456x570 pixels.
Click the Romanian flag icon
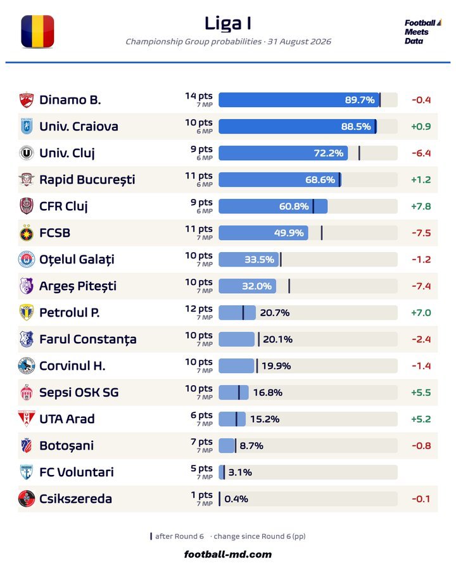click(x=37, y=32)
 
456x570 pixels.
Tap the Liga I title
click(x=227, y=23)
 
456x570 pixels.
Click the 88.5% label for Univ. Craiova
click(x=356, y=127)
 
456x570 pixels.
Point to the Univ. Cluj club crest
click(x=26, y=153)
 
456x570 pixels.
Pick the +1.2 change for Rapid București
click(x=421, y=180)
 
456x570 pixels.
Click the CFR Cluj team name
click(x=63, y=206)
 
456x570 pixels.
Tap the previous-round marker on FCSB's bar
click(x=322, y=232)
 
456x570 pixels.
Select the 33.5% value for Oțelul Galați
click(x=259, y=260)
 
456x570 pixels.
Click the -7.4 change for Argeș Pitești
click(x=421, y=286)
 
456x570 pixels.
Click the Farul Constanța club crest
click(x=27, y=339)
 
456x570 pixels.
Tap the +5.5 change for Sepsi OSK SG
click(x=421, y=393)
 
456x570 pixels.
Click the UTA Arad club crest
click(x=27, y=419)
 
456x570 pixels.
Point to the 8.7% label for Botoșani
click(x=251, y=446)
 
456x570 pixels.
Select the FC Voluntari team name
click(x=77, y=472)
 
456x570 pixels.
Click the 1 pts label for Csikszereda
click(x=202, y=495)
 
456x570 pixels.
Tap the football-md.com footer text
click(x=228, y=554)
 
